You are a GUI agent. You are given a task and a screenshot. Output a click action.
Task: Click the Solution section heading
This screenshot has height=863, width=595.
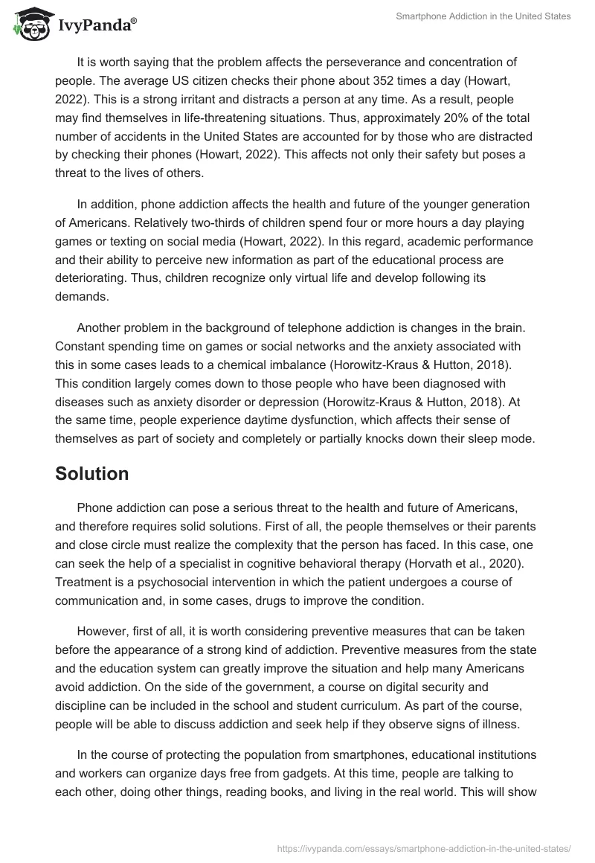(x=92, y=473)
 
